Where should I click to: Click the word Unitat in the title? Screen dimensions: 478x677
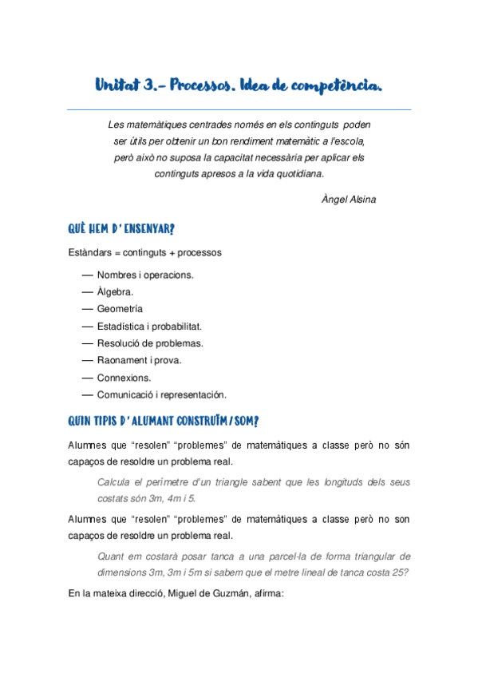click(117, 85)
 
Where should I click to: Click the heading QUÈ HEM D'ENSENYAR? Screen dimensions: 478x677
click(121, 229)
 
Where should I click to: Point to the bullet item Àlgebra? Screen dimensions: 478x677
click(115, 291)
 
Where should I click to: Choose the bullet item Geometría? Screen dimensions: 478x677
click(120, 308)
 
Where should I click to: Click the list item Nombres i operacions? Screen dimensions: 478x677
click(145, 275)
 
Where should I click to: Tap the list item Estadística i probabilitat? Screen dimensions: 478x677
click(149, 326)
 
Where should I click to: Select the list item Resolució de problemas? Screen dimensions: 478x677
click(150, 343)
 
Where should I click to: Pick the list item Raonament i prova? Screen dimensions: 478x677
click(139, 360)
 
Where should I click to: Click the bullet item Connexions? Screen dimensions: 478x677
click(124, 378)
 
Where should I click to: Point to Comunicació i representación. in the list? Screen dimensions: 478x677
click(162, 394)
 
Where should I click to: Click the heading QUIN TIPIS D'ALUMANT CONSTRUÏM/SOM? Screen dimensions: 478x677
click(163, 420)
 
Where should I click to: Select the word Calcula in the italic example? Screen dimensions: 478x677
click(113, 482)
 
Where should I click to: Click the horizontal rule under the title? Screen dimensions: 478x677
click(239, 109)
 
